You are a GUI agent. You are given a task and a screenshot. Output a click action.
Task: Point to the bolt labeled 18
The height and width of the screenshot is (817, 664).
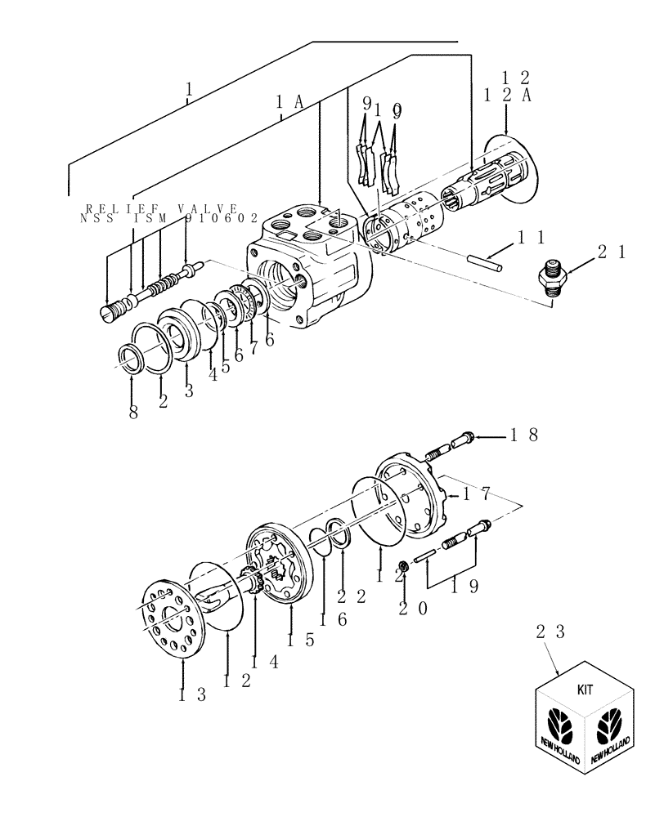coord(454,444)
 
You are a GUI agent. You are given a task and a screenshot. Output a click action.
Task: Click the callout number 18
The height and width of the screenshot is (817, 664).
coord(523,436)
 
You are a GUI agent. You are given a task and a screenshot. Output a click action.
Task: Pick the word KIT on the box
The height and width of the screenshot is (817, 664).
coord(585,689)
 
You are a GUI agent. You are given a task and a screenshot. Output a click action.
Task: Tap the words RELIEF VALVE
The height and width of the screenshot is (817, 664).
coord(161,208)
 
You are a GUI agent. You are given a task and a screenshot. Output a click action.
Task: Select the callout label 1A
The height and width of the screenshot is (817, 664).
coord(289,102)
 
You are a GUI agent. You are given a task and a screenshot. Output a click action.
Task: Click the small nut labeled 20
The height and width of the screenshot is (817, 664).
coord(403,566)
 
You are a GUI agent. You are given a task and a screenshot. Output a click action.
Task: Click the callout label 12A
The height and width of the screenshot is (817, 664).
coord(507,96)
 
